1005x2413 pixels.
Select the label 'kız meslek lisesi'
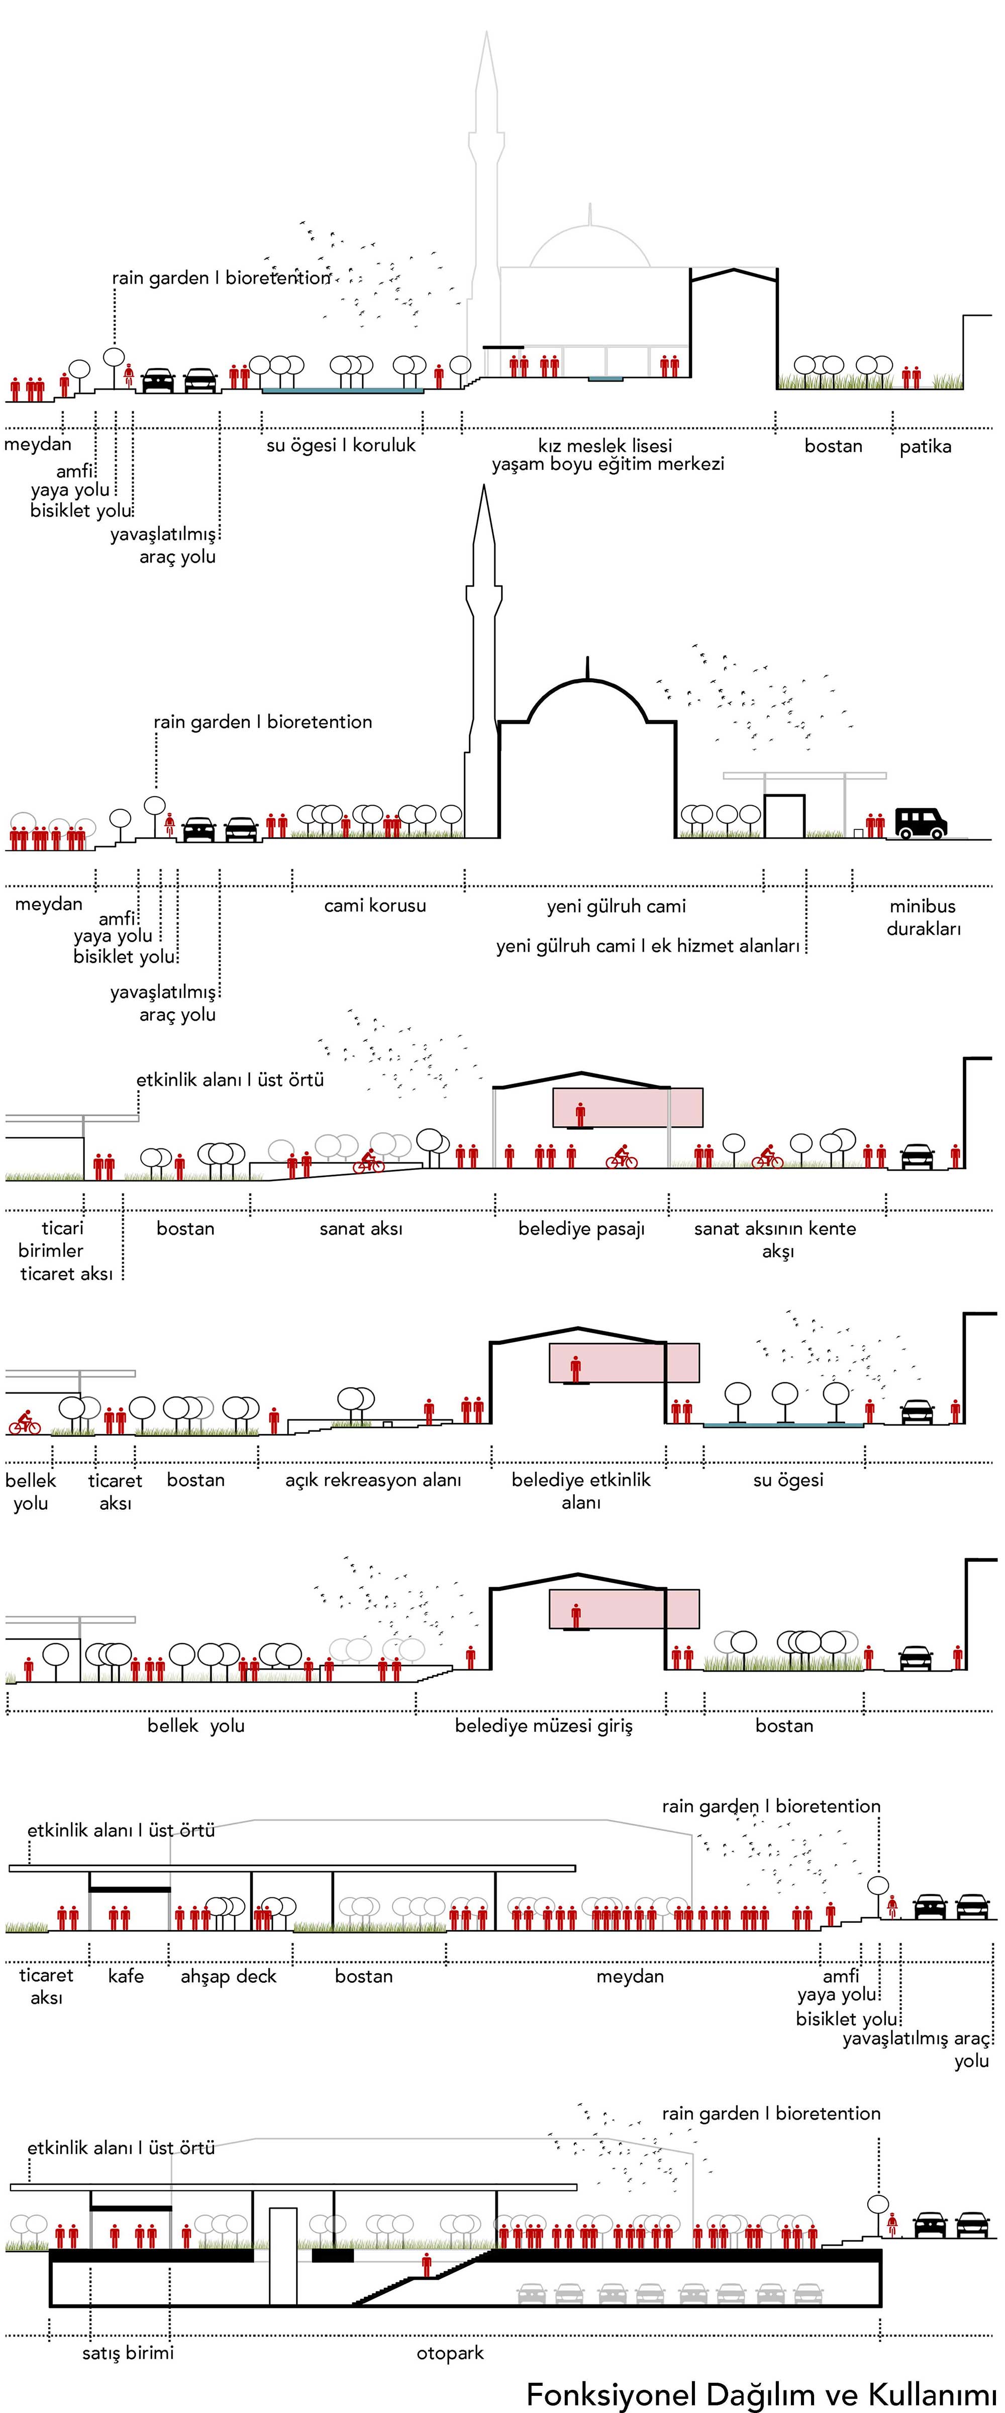[x=605, y=445]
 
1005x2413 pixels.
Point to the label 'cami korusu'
[x=375, y=905]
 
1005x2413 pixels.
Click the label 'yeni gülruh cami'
[x=616, y=906]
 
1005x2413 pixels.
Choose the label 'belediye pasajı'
[x=581, y=1228]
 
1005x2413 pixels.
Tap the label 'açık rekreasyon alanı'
[x=373, y=1480]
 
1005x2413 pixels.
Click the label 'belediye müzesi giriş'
[x=543, y=1725]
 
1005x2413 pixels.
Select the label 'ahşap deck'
[x=229, y=1976]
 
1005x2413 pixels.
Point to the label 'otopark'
[x=450, y=2352]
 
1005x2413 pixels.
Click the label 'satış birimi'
[x=127, y=2352]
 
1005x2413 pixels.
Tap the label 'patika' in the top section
[x=926, y=446]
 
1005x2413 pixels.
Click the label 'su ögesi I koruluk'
[x=341, y=445]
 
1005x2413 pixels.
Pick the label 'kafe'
[x=126, y=1976]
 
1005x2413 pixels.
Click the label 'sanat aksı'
[x=361, y=1228]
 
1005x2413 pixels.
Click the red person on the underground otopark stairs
[x=427, y=2266]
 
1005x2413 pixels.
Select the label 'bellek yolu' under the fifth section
[x=196, y=1725]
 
